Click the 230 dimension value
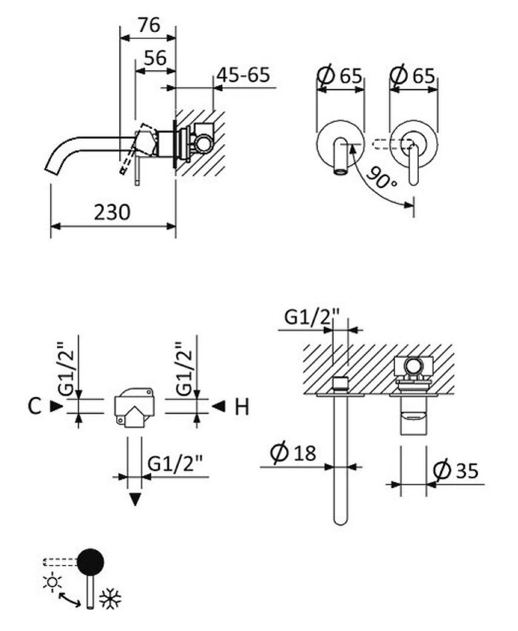click(x=112, y=212)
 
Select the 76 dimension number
click(x=149, y=25)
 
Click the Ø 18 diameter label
click(x=293, y=454)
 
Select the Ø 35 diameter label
click(x=455, y=470)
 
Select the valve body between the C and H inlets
click(x=133, y=405)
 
